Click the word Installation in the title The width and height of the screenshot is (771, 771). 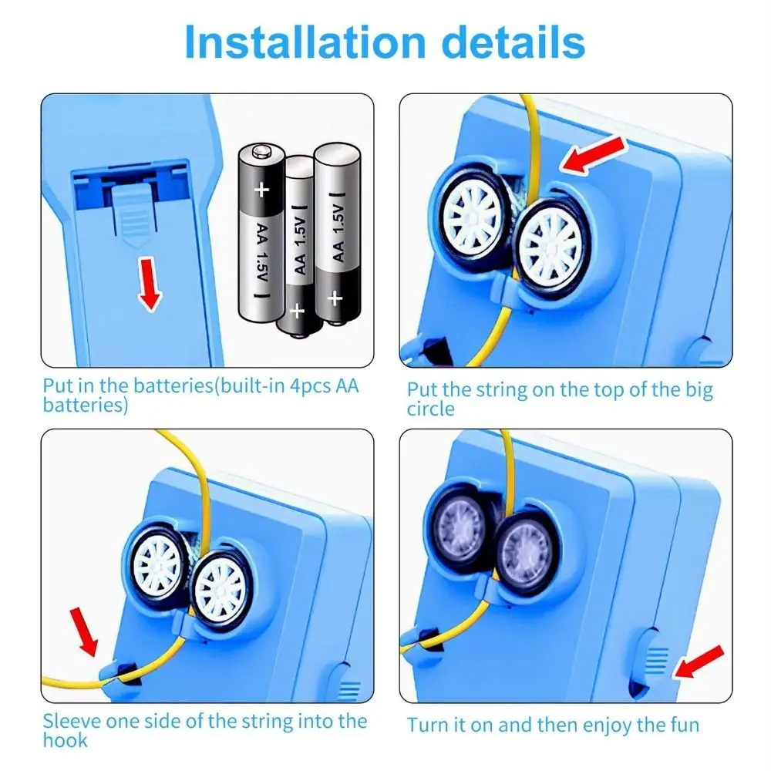click(x=305, y=42)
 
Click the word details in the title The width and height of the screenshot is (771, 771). click(x=513, y=42)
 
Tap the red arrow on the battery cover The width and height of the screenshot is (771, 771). click(x=149, y=284)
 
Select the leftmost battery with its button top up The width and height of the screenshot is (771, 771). click(x=261, y=233)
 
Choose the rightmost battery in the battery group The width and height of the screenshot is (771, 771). click(x=338, y=234)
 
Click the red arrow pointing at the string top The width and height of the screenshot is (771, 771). click(x=593, y=154)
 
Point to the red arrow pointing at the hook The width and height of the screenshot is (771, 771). click(x=84, y=631)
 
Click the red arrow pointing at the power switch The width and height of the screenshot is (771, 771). click(x=699, y=662)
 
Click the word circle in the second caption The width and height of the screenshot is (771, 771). click(x=431, y=409)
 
